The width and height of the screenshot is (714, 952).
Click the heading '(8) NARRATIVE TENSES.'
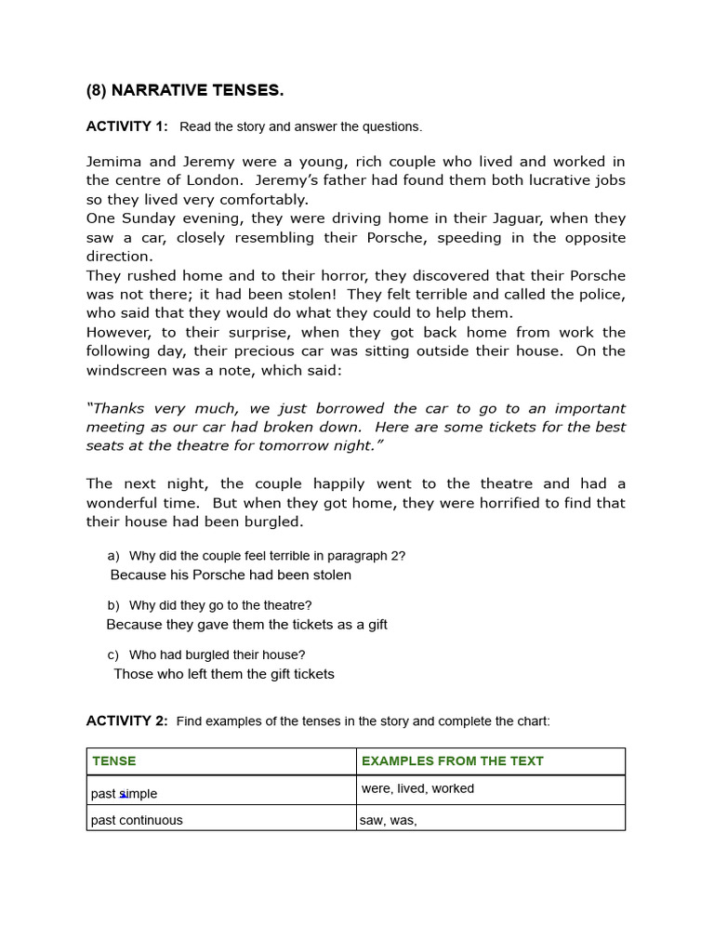pos(185,90)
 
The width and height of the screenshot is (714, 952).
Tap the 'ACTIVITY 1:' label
pos(127,126)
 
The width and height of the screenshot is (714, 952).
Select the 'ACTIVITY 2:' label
pos(127,721)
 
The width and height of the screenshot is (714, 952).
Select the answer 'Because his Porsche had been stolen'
pos(231,575)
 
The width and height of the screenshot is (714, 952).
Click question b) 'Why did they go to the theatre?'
pos(219,605)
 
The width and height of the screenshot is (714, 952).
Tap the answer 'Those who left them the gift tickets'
pos(224,674)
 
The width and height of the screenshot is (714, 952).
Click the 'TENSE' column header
pos(114,760)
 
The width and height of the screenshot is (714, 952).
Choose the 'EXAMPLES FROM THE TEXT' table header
pos(453,760)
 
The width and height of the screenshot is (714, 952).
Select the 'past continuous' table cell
pos(137,820)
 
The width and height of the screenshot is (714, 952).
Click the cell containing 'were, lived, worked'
pos(417,788)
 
